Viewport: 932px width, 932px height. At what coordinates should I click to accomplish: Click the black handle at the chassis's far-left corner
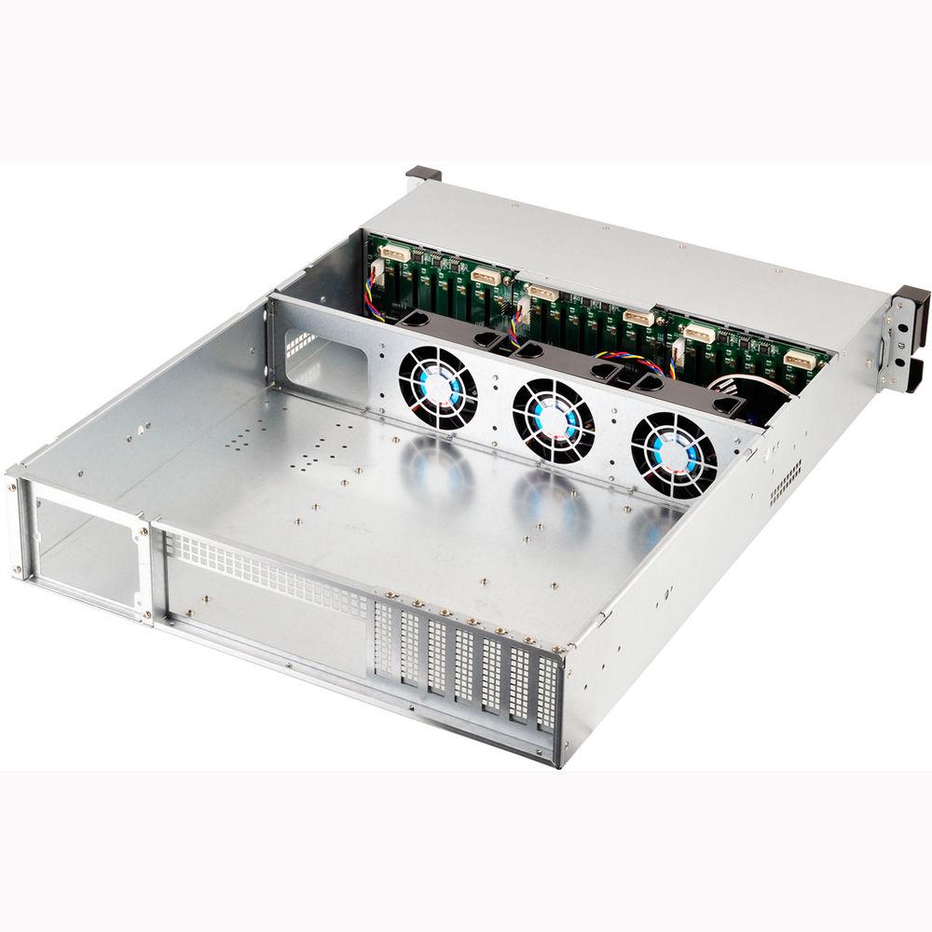coord(422,173)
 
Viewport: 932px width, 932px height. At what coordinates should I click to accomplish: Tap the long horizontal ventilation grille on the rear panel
coord(270,572)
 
